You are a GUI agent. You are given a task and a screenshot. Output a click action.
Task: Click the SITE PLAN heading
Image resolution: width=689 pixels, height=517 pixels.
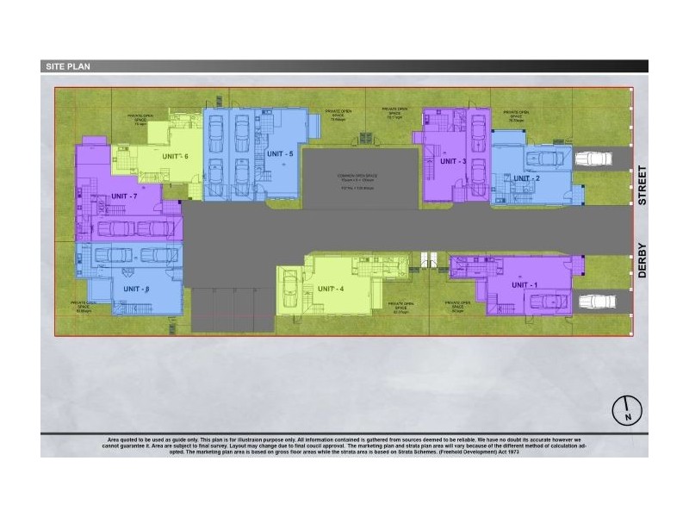point(66,65)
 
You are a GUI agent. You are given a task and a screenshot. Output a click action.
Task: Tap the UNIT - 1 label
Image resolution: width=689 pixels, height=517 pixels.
point(525,284)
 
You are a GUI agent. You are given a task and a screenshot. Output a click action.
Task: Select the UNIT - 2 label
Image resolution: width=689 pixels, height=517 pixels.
point(525,178)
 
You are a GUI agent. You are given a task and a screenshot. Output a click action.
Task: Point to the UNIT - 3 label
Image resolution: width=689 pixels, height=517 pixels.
point(453,161)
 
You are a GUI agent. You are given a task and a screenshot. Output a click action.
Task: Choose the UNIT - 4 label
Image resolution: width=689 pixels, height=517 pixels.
point(330,289)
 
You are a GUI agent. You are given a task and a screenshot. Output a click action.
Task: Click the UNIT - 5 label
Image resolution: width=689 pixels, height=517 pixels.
point(280,153)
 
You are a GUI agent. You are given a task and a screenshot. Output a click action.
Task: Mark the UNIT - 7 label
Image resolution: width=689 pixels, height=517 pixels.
point(122,196)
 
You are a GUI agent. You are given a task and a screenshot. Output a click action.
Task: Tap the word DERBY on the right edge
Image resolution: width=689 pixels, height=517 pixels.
point(642,258)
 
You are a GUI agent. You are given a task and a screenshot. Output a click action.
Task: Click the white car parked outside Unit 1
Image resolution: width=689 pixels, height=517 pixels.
point(596,302)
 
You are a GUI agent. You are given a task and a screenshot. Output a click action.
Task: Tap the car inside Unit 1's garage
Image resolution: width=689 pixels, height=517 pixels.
point(545,301)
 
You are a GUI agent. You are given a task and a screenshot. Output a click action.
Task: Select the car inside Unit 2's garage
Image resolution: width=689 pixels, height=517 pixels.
point(544,159)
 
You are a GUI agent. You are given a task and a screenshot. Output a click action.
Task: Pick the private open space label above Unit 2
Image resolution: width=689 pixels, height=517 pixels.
point(517,115)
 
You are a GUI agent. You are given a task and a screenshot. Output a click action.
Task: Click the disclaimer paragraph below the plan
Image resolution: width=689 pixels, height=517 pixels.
point(344,445)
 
